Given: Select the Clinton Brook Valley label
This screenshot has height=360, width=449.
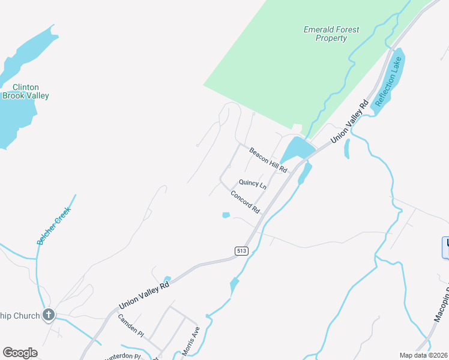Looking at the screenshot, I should point(26,91).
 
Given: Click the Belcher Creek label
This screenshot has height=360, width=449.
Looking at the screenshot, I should point(53,226).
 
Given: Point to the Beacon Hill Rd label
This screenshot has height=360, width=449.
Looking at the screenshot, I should point(268,161).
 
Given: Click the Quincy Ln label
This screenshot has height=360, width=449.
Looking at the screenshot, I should point(252,184).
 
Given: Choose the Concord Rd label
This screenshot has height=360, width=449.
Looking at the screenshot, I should point(245,202).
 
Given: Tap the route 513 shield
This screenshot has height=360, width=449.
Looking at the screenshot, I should point(241,251).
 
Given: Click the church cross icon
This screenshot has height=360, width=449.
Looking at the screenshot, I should point(49,315).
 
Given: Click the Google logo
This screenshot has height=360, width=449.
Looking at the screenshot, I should point(20,353).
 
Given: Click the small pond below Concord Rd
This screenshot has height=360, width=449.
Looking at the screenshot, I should point(226,215).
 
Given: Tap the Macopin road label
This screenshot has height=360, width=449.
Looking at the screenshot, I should point(439,326).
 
